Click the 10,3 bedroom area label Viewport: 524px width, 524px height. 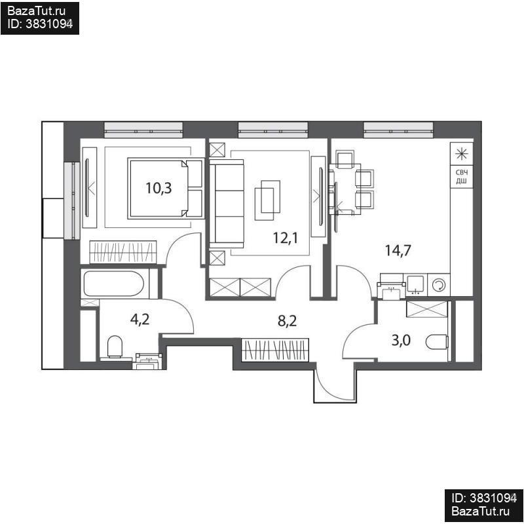click(x=159, y=188)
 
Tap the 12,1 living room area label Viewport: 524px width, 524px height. click(x=286, y=238)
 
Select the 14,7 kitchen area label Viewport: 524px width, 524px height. click(x=398, y=250)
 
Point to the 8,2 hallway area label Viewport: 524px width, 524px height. click(x=287, y=321)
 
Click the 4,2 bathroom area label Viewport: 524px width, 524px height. click(x=140, y=320)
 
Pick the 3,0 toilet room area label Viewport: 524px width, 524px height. click(x=401, y=341)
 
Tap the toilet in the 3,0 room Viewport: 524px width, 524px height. click(x=437, y=342)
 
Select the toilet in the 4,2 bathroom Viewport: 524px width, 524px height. click(x=115, y=347)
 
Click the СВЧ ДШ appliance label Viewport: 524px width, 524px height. click(x=462, y=177)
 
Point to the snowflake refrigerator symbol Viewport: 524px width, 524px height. click(x=462, y=154)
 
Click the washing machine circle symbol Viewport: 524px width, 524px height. click(x=438, y=285)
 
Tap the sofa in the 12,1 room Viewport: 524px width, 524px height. click(x=227, y=204)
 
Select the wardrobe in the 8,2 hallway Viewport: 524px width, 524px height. click(x=275, y=350)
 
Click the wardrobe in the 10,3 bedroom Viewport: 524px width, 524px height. click(x=122, y=252)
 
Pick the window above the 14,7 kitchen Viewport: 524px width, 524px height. click(x=398, y=130)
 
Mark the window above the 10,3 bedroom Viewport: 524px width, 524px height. click(x=143, y=130)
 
